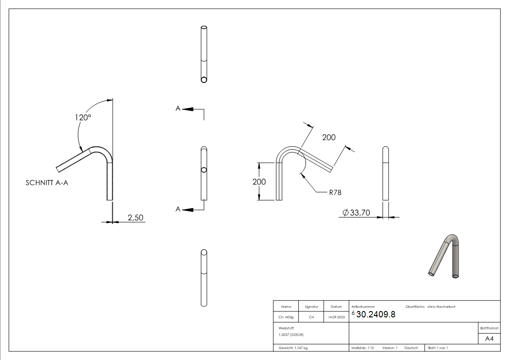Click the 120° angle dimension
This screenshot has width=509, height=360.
pyautogui.click(x=83, y=117)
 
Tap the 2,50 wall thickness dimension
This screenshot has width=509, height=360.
pyautogui.click(x=135, y=218)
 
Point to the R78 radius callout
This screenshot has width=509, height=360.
pyautogui.click(x=335, y=192)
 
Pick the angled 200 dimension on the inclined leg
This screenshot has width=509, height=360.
pyautogui.click(x=329, y=137)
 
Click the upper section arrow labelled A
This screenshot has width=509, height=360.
pyautogui.click(x=186, y=109)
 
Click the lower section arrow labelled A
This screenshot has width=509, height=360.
pyautogui.click(x=186, y=209)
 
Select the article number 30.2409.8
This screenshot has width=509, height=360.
pyautogui.click(x=376, y=315)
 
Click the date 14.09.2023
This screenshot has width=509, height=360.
pyautogui.click(x=336, y=317)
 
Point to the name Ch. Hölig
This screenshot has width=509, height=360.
pyautogui.click(x=286, y=317)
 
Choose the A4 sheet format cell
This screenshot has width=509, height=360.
pyautogui.click(x=489, y=339)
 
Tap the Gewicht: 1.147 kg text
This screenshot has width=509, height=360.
pyautogui.click(x=293, y=348)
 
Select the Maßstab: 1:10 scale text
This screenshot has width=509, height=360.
pyautogui.click(x=363, y=348)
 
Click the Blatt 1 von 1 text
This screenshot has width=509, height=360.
pyautogui.click(x=438, y=348)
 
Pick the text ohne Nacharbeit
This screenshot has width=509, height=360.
pyautogui.click(x=441, y=307)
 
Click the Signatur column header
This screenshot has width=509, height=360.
pyautogui.click(x=311, y=307)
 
